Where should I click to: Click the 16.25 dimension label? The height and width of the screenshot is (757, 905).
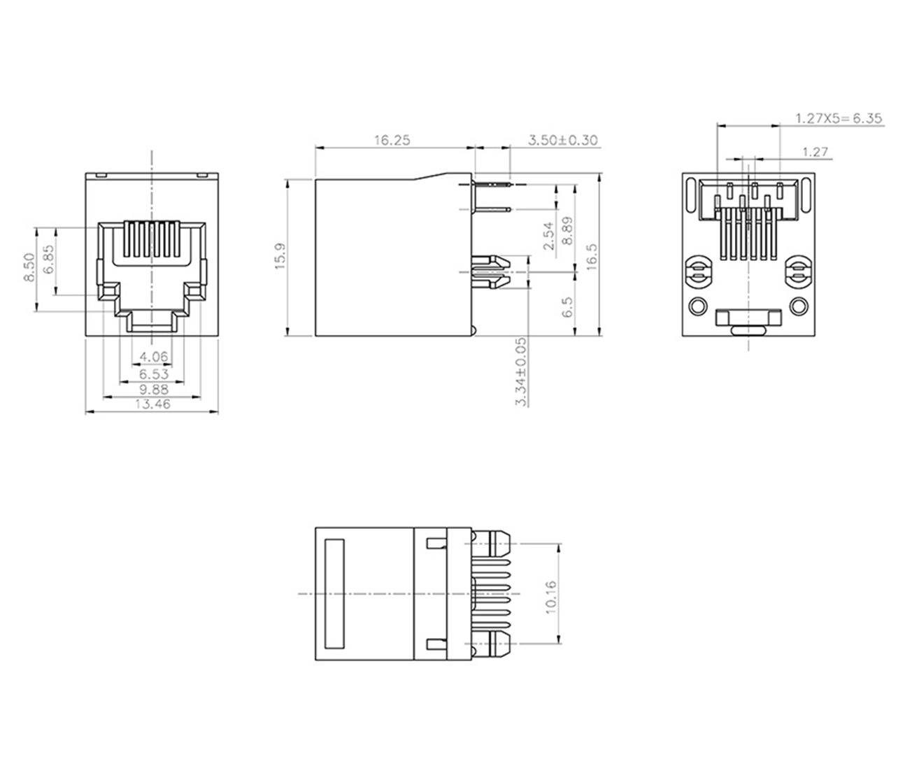pos(391,140)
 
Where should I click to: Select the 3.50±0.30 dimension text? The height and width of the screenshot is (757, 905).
pos(562,140)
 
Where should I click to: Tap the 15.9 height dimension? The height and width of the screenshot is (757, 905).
pos(280,257)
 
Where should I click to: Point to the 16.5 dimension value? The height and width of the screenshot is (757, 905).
pos(591,257)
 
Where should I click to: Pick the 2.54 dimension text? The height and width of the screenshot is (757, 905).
pos(548,236)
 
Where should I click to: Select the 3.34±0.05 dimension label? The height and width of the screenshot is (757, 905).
pos(521,371)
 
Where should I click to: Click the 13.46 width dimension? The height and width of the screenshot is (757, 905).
pos(153,404)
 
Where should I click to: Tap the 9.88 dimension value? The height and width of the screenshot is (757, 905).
pos(153,389)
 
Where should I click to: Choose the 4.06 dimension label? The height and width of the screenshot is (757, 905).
pos(153,357)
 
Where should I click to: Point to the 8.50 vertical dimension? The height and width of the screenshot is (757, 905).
pos(29,267)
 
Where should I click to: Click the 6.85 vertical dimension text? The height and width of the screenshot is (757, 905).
pos(48,260)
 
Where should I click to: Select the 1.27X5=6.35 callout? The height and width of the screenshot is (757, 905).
pos(838,118)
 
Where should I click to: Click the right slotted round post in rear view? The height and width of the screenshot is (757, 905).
pos(798,274)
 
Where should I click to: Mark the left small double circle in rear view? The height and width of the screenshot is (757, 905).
pos(697,306)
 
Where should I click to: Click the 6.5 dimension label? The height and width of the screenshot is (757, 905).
pos(567,306)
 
